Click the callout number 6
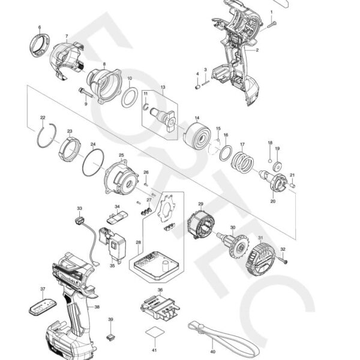click(x=40, y=28)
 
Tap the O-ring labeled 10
click(x=129, y=97)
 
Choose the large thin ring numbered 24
click(x=93, y=162)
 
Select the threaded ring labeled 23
click(x=69, y=148)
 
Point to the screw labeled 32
click(x=283, y=260)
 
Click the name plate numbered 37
click(x=41, y=305)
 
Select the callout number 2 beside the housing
click(x=257, y=50)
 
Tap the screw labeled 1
click(x=273, y=23)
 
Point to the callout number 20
click(x=273, y=202)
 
